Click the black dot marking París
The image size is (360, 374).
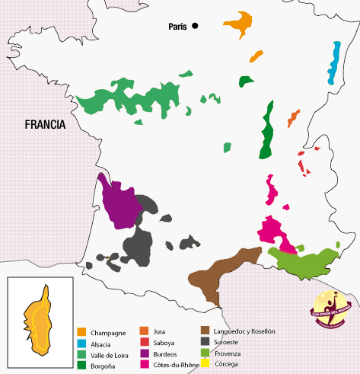(x=195, y=26)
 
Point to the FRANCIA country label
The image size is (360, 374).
(x=45, y=125)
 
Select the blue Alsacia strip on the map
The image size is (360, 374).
(x=333, y=63)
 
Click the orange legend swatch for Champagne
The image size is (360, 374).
(x=81, y=332)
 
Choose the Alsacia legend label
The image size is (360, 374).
(x=103, y=344)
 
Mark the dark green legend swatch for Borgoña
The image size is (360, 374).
(x=81, y=366)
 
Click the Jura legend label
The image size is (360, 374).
(x=159, y=332)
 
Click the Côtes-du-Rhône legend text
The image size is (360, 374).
(x=176, y=366)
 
